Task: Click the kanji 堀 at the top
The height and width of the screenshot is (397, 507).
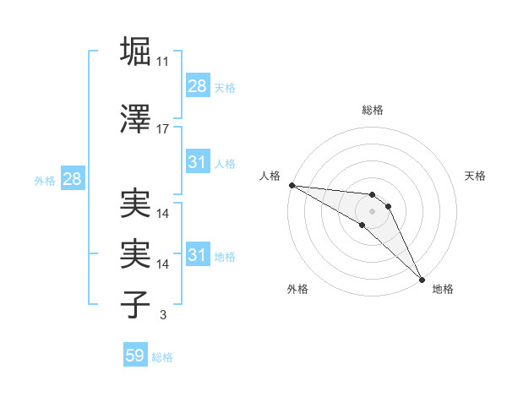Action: coord(136,51)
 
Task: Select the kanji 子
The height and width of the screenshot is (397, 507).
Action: coord(136,304)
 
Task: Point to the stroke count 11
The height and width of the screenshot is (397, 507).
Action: coord(163,62)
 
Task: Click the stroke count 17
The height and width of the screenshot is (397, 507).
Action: coord(163,129)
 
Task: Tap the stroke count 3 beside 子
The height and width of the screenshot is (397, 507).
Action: coord(163,315)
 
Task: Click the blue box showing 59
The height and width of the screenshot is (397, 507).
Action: coord(135,356)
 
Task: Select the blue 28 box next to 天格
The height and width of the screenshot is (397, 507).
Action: coord(198,86)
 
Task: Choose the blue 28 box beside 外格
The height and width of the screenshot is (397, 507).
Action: coord(72,179)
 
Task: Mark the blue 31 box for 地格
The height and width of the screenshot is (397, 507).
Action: coord(198,255)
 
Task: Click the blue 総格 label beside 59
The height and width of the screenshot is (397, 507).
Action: coord(162,357)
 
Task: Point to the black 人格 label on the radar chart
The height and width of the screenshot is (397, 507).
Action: coord(270,176)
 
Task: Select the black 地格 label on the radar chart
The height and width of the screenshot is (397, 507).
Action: coord(443,289)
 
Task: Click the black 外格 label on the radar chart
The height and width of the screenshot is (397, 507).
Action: coord(297,289)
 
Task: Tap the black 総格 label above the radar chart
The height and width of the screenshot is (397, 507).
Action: coord(373,110)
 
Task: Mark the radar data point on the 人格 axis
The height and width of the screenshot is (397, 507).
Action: coord(292,185)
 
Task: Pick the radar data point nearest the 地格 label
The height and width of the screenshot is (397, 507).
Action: coord(422,279)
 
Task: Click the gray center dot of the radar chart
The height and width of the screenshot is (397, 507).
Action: coord(373,210)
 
